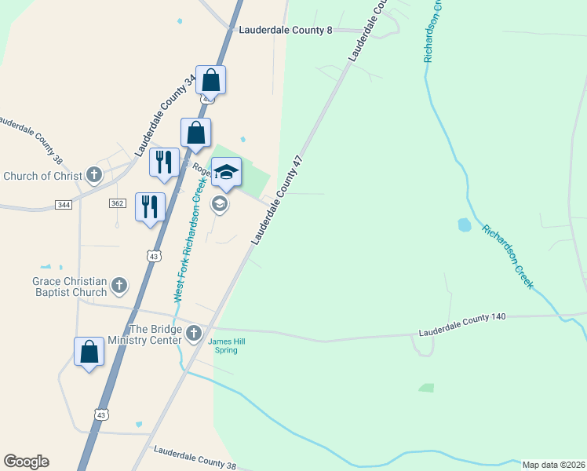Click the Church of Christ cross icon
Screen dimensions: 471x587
[x=94, y=174]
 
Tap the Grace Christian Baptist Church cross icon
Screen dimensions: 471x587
[x=119, y=286]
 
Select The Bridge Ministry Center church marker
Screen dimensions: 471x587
[x=194, y=334]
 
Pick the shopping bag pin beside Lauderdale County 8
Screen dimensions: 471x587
[x=210, y=80]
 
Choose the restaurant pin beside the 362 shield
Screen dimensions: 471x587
[x=150, y=207]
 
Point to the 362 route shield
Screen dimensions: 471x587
[x=118, y=203]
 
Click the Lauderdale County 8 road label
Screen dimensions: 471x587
[x=285, y=30]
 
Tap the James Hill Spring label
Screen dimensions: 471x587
[x=222, y=345]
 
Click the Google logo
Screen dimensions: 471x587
[x=26, y=462]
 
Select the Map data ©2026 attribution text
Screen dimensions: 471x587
[x=553, y=465]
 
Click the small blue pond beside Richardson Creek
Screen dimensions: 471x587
[x=465, y=225]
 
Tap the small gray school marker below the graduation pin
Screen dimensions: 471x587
[x=220, y=205]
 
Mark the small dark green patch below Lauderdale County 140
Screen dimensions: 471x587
[x=425, y=388]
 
